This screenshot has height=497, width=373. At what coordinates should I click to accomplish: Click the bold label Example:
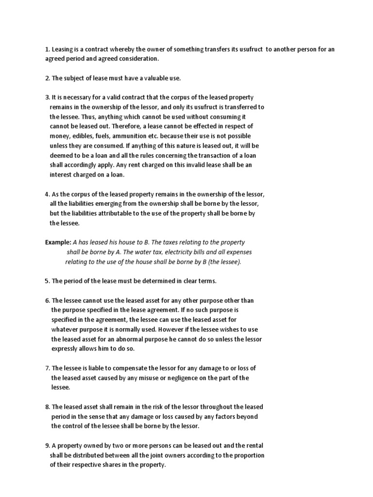(58, 242)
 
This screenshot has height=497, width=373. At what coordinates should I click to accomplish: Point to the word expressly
(66, 349)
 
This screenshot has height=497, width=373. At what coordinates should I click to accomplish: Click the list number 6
(47, 300)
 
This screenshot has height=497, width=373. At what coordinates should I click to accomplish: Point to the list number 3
(47, 98)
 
